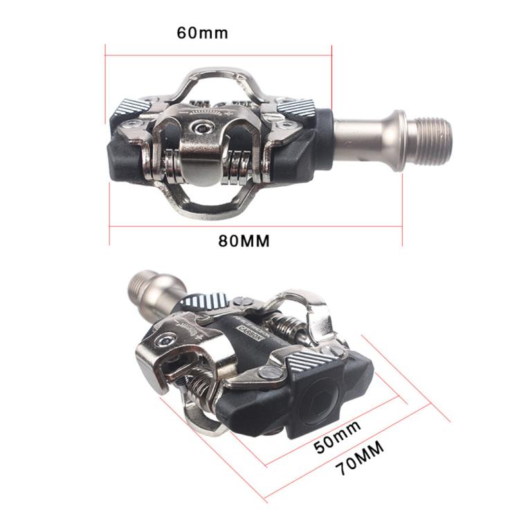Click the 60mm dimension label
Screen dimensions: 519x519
pyautogui.click(x=202, y=33)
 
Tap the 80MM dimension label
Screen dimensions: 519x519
pyautogui.click(x=244, y=241)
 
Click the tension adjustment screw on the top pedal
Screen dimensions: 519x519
pyautogui.click(x=203, y=127)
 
